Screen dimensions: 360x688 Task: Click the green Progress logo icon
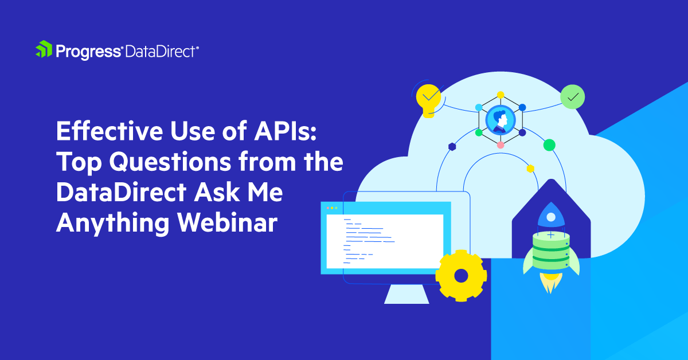click(44, 50)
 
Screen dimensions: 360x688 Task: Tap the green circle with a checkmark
click(572, 97)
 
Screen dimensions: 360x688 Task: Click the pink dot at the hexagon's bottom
click(501, 145)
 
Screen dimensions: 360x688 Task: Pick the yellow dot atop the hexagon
click(501, 95)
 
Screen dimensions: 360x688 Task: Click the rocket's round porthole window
click(550, 217)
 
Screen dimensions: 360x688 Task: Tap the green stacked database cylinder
click(550, 251)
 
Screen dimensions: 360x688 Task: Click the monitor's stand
click(406, 293)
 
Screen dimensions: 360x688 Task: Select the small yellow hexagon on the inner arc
click(530, 169)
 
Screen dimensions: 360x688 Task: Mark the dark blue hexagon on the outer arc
click(452, 147)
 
